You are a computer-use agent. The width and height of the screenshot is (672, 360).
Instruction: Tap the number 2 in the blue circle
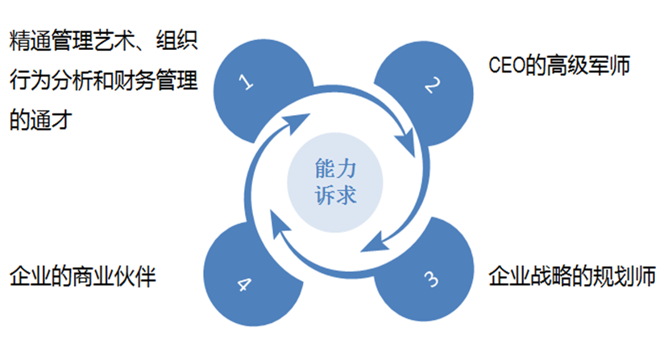click(x=433, y=83)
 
